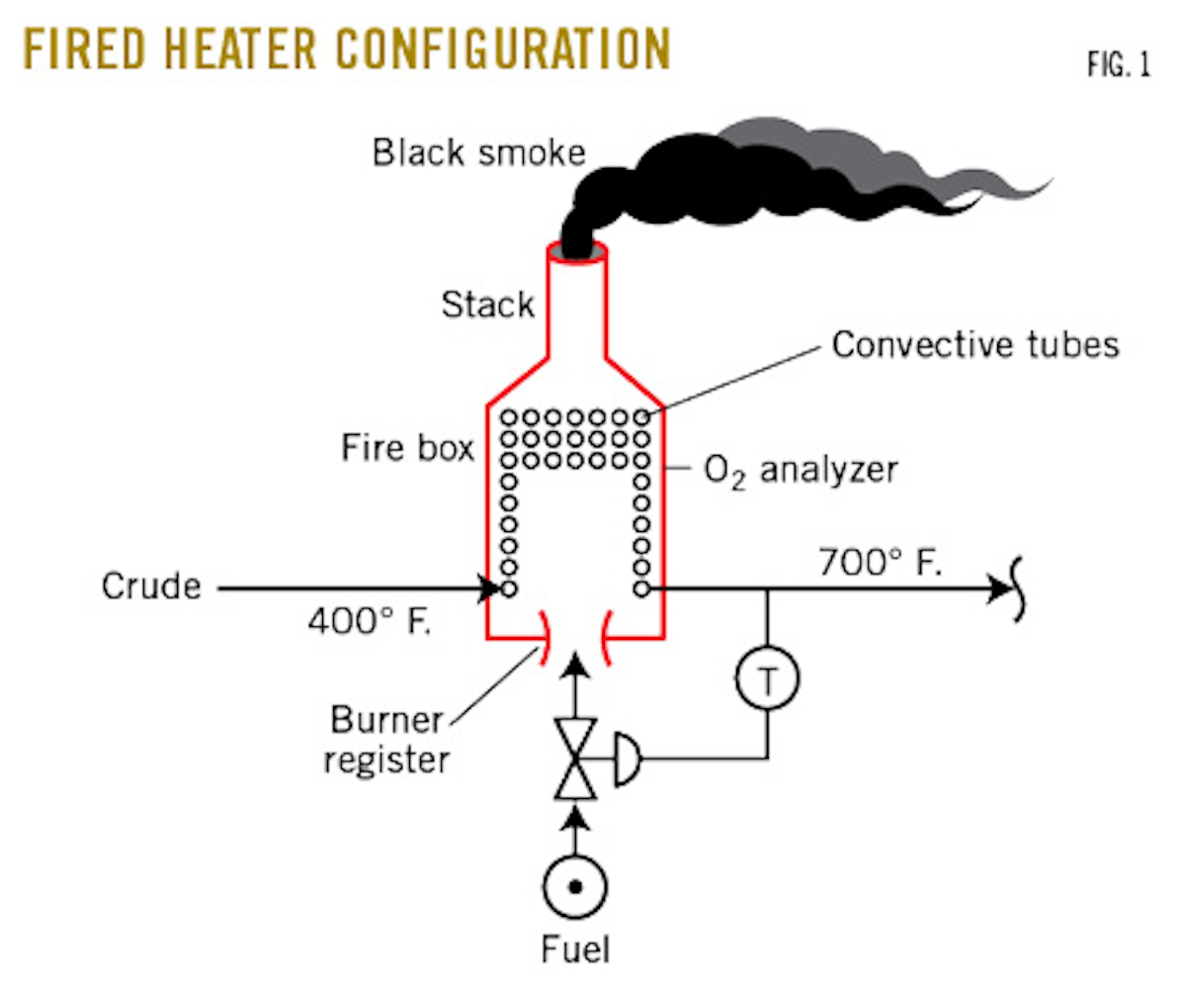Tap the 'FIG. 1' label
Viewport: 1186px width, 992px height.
[x=1117, y=67]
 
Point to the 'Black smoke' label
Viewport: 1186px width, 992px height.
[x=478, y=153]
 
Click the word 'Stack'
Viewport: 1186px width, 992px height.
[x=487, y=305]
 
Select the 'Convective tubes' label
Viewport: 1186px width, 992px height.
[x=974, y=345]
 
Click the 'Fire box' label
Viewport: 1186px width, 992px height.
[x=408, y=448]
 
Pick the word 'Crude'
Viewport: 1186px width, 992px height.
[x=151, y=587]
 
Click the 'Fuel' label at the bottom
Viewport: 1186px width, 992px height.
[x=575, y=950]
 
